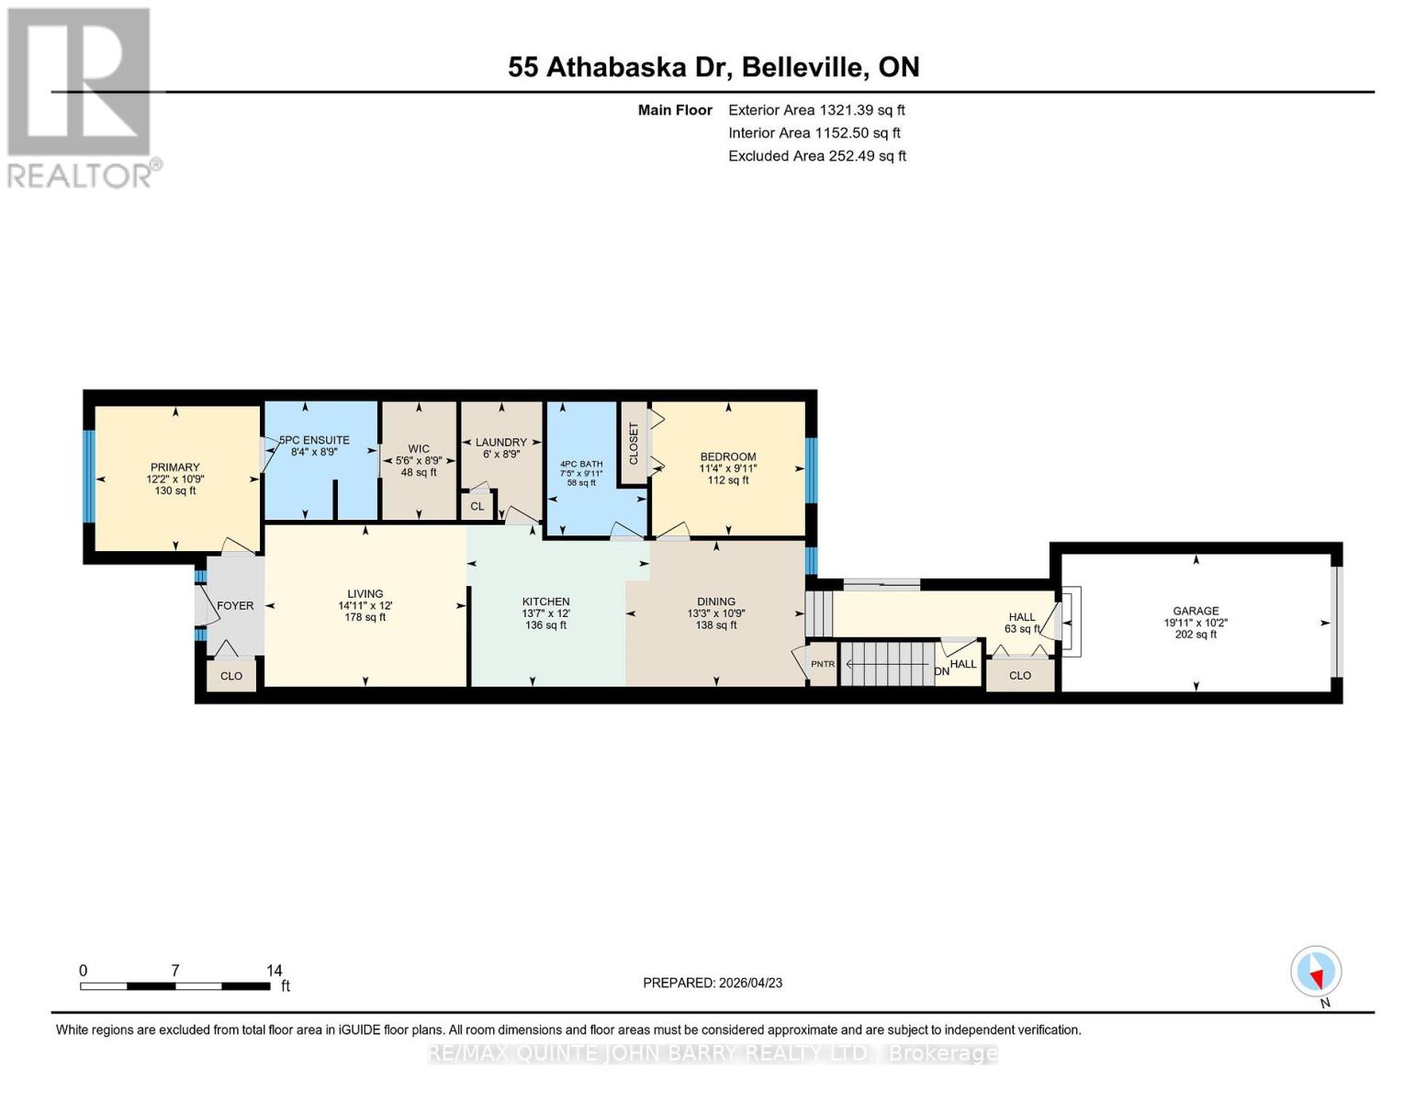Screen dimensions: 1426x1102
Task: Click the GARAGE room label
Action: click(x=1196, y=611)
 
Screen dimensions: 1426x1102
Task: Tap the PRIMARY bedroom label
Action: click(x=174, y=467)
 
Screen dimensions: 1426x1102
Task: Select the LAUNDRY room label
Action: click(x=501, y=443)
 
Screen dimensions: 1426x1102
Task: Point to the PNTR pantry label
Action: click(x=822, y=664)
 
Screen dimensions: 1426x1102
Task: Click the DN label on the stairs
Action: click(x=942, y=671)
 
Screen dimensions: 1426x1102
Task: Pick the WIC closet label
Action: click(x=419, y=449)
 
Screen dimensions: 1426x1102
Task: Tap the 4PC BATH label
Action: click(x=581, y=464)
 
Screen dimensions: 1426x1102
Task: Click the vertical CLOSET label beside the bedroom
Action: click(x=634, y=444)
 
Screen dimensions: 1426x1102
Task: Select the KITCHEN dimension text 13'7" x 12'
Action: click(x=546, y=613)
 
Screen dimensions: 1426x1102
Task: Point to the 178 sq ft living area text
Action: click(x=365, y=617)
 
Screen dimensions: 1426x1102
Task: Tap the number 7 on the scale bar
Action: click(x=175, y=970)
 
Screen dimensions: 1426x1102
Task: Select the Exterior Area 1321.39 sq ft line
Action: click(x=816, y=110)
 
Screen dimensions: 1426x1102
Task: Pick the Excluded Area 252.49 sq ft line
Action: click(x=817, y=156)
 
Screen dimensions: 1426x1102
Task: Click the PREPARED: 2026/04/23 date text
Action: click(x=713, y=983)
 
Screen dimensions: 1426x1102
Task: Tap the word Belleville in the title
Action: click(x=803, y=67)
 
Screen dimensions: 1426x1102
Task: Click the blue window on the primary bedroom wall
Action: click(x=89, y=477)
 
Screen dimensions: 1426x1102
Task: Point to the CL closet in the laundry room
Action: click(x=477, y=506)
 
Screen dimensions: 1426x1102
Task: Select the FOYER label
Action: click(x=235, y=605)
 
